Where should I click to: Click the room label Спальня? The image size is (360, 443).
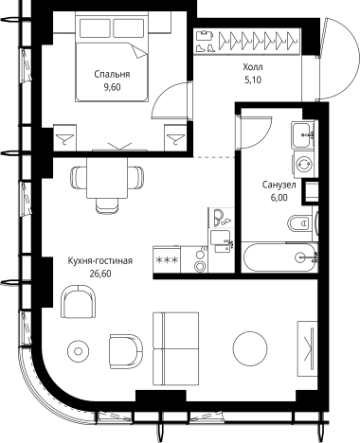pos(112,74)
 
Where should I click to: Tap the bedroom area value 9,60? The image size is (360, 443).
pos(112,87)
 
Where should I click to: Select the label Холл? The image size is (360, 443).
pos(253,67)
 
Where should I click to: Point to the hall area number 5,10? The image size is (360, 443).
pos(253,80)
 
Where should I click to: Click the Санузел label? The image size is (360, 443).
pos(279,185)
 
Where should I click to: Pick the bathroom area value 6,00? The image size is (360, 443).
pos(279,198)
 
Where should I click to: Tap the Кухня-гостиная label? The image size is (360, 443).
pos(100,261)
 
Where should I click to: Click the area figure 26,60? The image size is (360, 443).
pos(100,274)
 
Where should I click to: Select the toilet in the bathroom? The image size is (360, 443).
pos(299,223)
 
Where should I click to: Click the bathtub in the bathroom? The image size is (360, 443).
pos(279,257)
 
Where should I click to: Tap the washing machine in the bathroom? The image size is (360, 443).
pos(304,165)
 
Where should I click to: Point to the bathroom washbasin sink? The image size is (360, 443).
pos(301,135)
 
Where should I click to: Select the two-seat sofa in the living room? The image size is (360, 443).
pos(175,348)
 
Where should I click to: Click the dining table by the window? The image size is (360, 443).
pos(107,178)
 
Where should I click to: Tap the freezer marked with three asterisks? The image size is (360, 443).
pos(167,259)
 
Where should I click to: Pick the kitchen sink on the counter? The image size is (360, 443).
pos(221,241)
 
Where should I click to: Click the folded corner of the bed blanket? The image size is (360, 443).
pos(140,51)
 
